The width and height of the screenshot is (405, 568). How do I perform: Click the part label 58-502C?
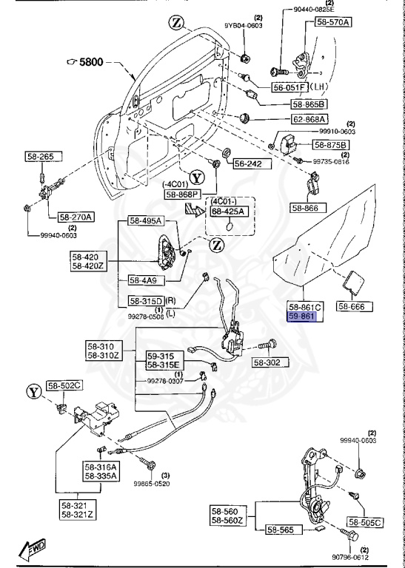click(65, 385)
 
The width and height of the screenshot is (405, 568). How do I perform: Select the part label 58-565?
click(281, 530)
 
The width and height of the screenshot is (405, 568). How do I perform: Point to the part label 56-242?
click(248, 163)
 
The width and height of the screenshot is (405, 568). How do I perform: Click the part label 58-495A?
click(145, 221)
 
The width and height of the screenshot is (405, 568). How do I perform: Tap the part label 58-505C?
click(364, 522)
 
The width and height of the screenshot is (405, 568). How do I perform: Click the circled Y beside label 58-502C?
click(32, 389)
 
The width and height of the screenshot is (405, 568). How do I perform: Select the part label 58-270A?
click(76, 217)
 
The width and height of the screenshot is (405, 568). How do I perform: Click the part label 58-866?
click(304, 209)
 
